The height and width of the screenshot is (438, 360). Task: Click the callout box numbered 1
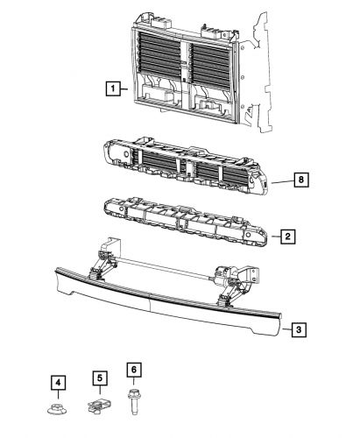coord(113,88)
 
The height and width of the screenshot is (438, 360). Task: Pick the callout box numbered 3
coord(299,329)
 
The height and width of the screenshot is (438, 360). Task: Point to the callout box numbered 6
coord(134,371)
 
